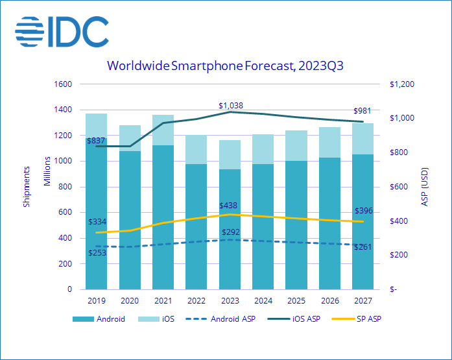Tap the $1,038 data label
coord(231,105)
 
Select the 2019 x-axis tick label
coord(96,300)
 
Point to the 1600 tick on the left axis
coord(64,84)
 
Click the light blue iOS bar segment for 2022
coord(196,149)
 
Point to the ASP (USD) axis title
coord(425,187)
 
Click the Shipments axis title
coord(27,187)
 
